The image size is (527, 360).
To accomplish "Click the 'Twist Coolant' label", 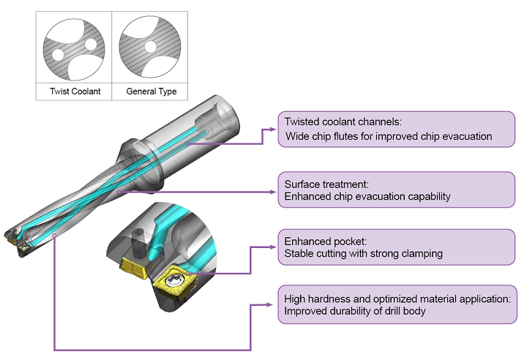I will (75, 91).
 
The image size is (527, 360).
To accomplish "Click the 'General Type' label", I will (151, 91).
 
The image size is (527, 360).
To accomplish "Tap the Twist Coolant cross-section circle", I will (74, 49).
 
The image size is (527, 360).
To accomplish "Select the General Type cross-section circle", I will (151, 49).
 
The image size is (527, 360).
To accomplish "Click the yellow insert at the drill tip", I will (15, 238).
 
